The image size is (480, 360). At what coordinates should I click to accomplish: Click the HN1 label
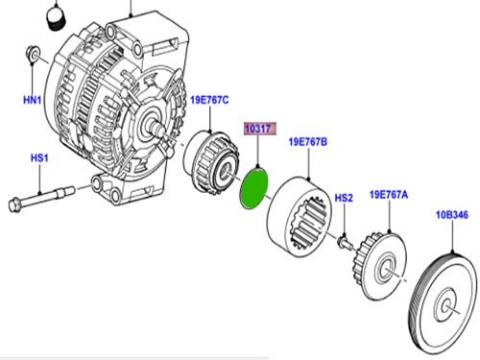tap(33, 100)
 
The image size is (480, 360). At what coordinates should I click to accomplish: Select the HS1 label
tap(39, 158)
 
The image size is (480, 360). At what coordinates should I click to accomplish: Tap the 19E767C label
tap(209, 100)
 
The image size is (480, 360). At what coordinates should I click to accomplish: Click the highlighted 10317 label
tap(258, 129)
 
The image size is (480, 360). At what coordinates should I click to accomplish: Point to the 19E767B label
tap(308, 142)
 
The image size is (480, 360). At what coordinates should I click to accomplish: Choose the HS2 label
tap(344, 198)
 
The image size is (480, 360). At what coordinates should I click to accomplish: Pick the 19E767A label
tap(389, 195)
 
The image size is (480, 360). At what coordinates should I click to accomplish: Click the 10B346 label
tap(452, 215)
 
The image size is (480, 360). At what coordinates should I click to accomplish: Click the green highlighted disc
tap(253, 188)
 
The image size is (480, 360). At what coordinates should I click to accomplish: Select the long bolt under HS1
tap(41, 199)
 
